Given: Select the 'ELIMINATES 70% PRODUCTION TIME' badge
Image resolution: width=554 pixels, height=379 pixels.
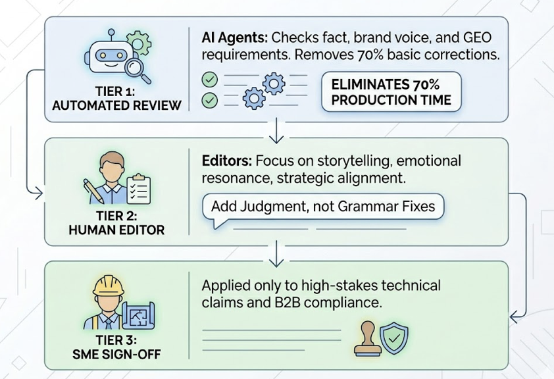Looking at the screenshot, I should click(391, 92).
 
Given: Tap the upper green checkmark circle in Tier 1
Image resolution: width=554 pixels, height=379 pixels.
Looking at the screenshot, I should click(209, 79).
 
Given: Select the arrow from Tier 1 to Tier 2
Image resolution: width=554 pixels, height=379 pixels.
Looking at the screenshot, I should click(276, 133).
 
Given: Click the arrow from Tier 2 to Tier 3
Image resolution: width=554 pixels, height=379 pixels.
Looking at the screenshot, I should click(276, 252).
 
